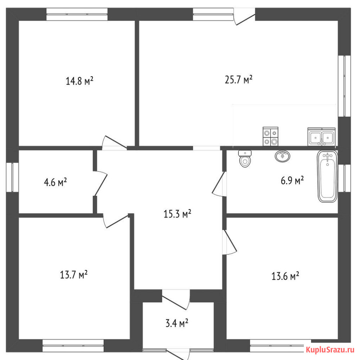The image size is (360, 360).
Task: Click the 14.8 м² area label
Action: (80, 81)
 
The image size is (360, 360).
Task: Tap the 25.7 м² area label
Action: (239, 80)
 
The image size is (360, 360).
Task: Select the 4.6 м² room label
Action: (55, 183)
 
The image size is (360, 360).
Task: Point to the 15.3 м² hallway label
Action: (177, 214)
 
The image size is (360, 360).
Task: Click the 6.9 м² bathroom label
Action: (292, 180)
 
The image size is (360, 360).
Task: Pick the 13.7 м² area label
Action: (74, 274)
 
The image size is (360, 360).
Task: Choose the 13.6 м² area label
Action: (285, 276)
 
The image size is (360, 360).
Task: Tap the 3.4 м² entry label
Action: (177, 323)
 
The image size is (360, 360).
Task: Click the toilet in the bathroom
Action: (245, 159)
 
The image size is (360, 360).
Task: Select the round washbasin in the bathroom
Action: (282, 156)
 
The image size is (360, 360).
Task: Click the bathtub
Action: (327, 176)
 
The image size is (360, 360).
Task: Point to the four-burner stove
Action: (270, 136)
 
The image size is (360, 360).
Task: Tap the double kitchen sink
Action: (321, 137)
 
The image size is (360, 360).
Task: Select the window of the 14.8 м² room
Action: (77, 14)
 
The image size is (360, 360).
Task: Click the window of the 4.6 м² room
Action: (12, 177)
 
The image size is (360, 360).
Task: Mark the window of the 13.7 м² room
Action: (73, 346)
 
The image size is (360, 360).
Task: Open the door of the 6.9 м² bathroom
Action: (219, 184)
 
